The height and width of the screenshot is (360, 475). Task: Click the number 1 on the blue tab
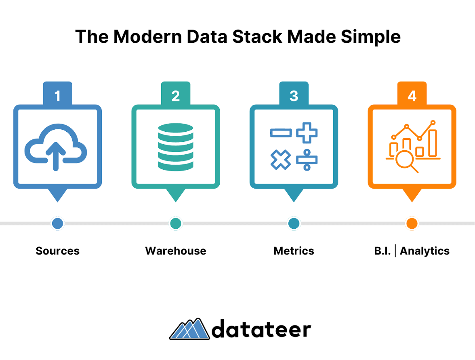(x=57, y=96)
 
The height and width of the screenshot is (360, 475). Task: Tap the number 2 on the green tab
(x=176, y=96)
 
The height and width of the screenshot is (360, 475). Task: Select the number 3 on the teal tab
(x=294, y=96)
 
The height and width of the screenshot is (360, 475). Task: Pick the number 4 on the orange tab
(x=412, y=96)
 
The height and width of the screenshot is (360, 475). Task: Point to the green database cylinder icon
(x=176, y=147)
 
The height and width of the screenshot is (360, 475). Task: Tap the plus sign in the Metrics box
(x=307, y=133)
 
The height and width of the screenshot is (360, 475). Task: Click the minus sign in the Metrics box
(x=281, y=133)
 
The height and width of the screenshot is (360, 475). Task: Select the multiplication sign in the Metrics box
(x=280, y=159)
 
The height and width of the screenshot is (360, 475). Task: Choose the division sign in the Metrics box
(x=307, y=160)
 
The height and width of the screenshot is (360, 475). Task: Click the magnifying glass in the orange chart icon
(x=406, y=161)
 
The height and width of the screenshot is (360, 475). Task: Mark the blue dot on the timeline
(x=57, y=223)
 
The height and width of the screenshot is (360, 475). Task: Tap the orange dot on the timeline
(x=412, y=223)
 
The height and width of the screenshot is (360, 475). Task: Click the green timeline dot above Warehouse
(x=176, y=223)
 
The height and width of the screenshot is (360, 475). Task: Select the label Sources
(x=57, y=251)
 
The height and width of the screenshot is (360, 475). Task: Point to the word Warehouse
(x=176, y=251)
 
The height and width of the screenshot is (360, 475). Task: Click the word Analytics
(x=425, y=251)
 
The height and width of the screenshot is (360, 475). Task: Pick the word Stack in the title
(x=257, y=37)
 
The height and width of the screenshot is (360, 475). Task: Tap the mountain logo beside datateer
(x=189, y=329)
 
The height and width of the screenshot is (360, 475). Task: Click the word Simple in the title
(x=370, y=37)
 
